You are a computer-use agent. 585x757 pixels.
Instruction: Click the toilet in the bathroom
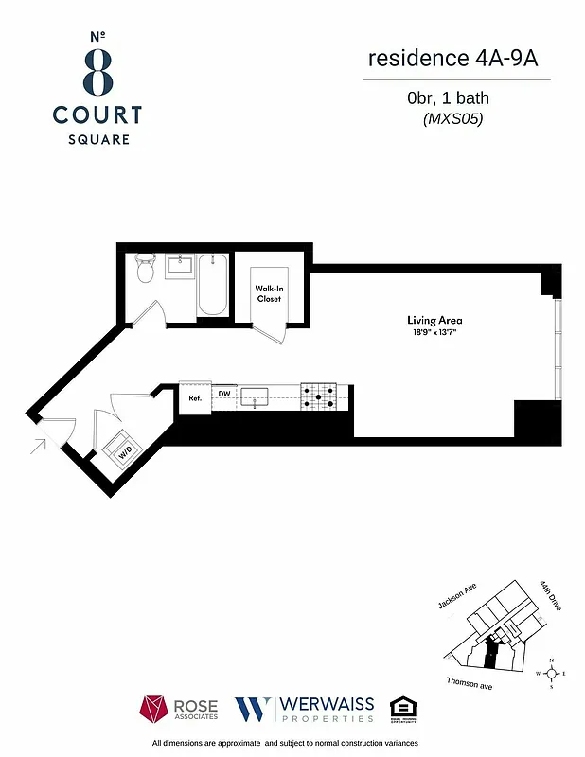[145, 270]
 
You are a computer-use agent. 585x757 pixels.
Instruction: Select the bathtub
[212, 285]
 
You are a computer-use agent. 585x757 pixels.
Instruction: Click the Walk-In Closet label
[270, 293]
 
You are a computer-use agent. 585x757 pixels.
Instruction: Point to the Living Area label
[427, 320]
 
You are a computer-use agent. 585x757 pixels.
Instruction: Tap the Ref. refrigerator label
[195, 398]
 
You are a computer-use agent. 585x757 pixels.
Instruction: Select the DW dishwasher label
[224, 394]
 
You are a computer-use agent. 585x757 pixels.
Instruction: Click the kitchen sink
[255, 396]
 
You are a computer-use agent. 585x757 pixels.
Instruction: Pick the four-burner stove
[318, 396]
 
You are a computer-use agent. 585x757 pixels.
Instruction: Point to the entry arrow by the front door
[39, 443]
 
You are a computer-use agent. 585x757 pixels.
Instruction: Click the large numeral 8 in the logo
[97, 71]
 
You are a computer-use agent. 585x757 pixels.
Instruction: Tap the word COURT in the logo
[97, 115]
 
